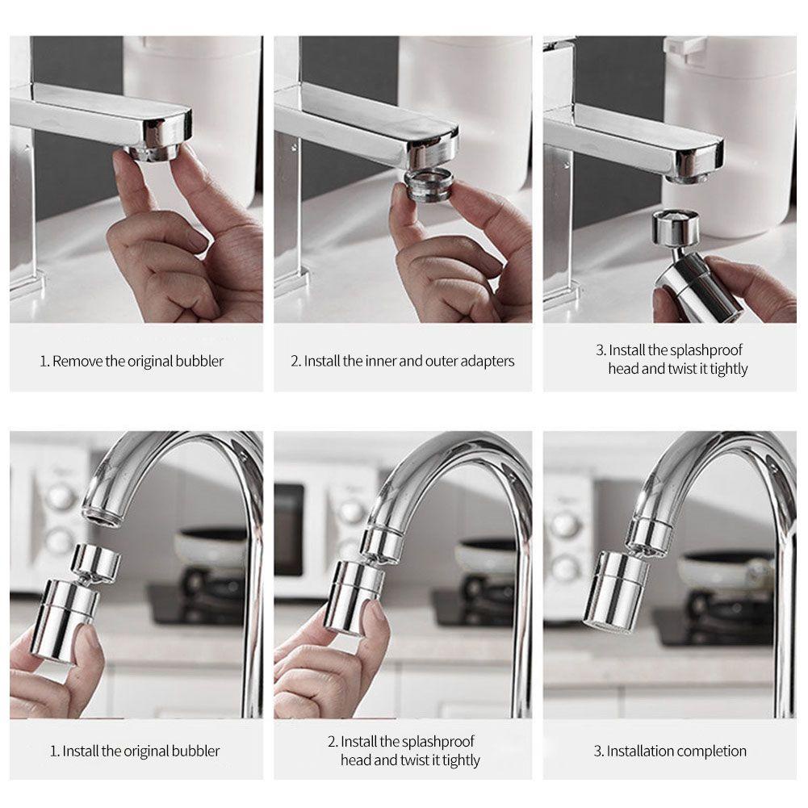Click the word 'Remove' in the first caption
(x=77, y=362)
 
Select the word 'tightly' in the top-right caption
(x=728, y=370)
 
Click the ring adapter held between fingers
(x=429, y=185)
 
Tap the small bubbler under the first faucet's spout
(x=155, y=153)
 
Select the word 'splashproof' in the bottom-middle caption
(x=438, y=742)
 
